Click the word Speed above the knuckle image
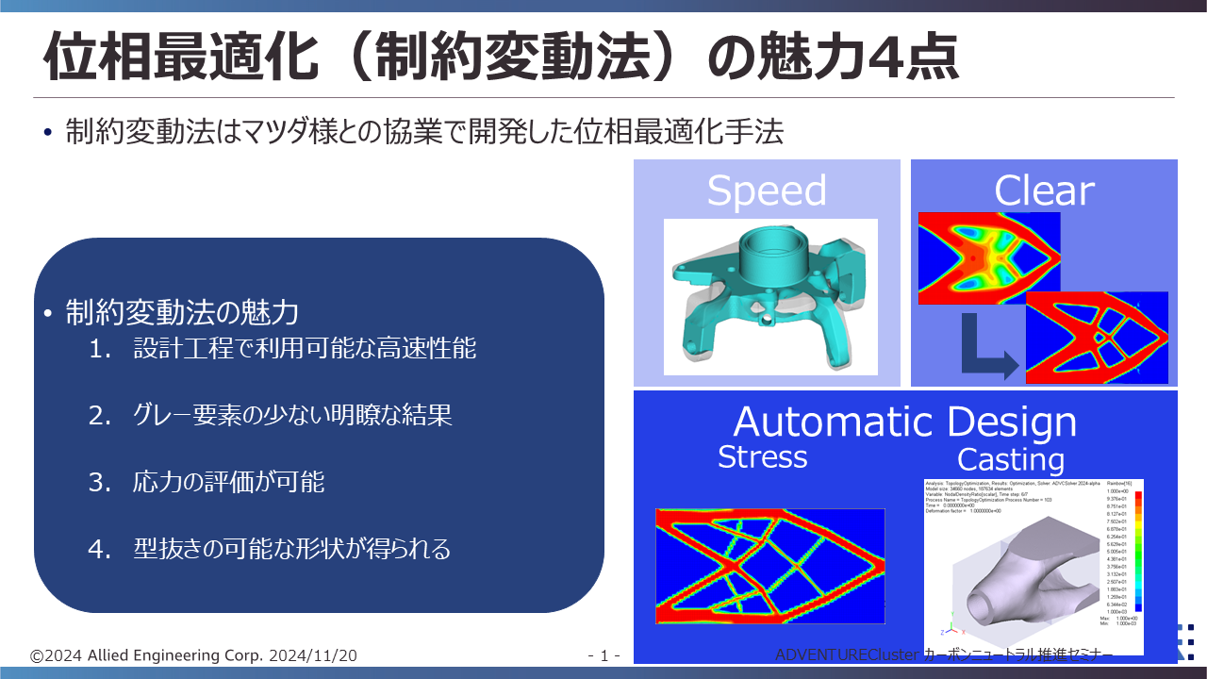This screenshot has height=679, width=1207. coord(766,190)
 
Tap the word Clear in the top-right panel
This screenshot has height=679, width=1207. coord(1043,190)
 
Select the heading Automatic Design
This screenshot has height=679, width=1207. coord(904,422)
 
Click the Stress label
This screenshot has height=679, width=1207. coord(762,457)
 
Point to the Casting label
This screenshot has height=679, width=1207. coord(1010,460)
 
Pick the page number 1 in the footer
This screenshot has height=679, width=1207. coord(603,655)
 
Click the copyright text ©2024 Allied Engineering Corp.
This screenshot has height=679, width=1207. coord(141,655)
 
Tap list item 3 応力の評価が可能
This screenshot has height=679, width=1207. coord(229,482)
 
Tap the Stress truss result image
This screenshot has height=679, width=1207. coord(770,566)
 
